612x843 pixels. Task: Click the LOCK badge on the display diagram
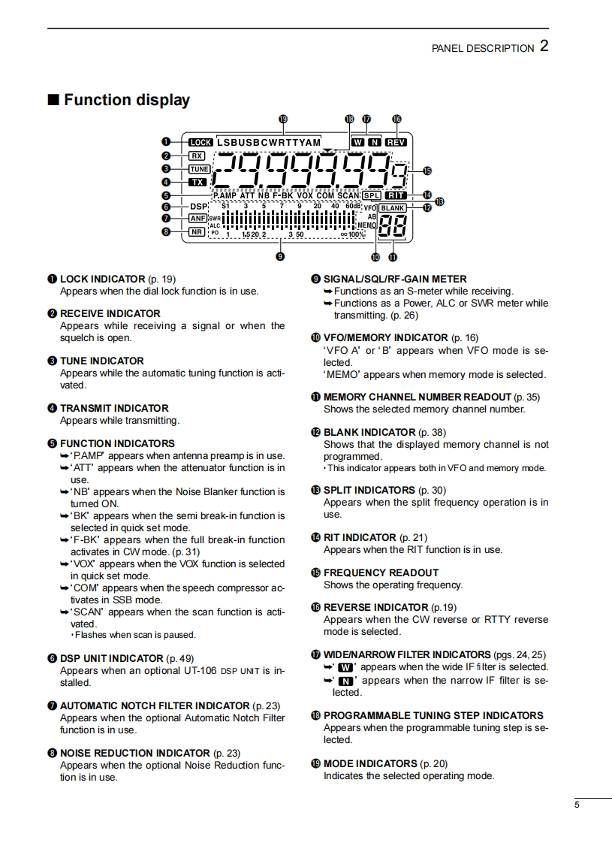point(201,142)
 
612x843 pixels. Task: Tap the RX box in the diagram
point(197,156)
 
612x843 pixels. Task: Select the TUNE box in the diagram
point(199,169)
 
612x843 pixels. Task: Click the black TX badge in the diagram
point(197,182)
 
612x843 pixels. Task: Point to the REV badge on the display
point(396,141)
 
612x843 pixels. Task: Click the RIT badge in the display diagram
point(395,195)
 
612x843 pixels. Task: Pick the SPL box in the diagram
point(372,195)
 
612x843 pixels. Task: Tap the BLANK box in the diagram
point(392,207)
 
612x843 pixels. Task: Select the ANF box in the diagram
point(197,218)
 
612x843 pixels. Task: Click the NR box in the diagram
point(197,232)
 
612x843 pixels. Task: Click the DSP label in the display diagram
point(198,206)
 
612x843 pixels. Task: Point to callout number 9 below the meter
point(280,256)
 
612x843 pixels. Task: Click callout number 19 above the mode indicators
point(282,119)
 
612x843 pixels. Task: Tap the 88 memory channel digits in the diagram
point(392,226)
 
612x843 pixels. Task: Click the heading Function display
point(126,100)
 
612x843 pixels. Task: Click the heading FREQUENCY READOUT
point(381,573)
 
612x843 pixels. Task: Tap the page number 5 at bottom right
point(577,805)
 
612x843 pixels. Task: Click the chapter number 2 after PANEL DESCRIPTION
point(544,46)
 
